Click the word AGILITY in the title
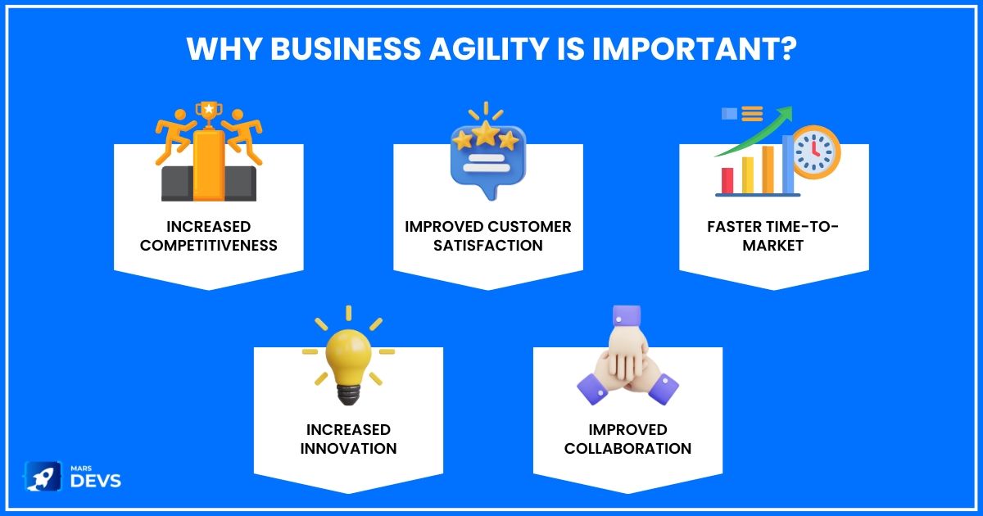point(488,48)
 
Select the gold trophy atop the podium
point(209,114)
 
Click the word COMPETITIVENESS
point(209,245)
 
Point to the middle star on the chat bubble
point(485,133)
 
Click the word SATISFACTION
point(488,245)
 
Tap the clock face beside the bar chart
point(814,152)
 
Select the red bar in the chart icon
point(727,180)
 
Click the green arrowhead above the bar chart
point(786,114)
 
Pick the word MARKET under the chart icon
point(772,245)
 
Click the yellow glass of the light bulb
point(348,357)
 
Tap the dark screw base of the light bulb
point(348,395)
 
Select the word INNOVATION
point(348,449)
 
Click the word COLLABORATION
point(627,449)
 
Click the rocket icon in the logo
point(43,476)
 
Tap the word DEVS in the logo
point(96,481)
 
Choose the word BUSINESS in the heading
point(346,48)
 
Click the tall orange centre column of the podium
point(209,165)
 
